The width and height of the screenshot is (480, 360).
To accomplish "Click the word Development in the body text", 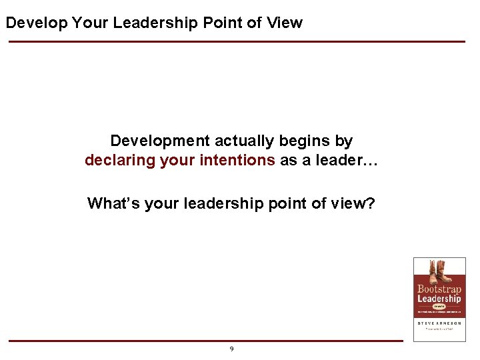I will pos(159,141).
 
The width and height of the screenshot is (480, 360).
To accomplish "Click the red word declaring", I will pos(120,161).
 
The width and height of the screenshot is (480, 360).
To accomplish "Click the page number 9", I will pos(231,349).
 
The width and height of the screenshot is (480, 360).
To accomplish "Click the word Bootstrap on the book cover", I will pos(439,289).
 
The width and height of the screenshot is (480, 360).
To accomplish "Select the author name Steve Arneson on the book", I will pos(439,323).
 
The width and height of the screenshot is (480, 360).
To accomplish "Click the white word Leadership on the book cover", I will pos(439,299).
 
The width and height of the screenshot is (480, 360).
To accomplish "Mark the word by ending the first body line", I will pos(345,141).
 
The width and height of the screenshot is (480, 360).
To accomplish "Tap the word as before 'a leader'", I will pos(288,161).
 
